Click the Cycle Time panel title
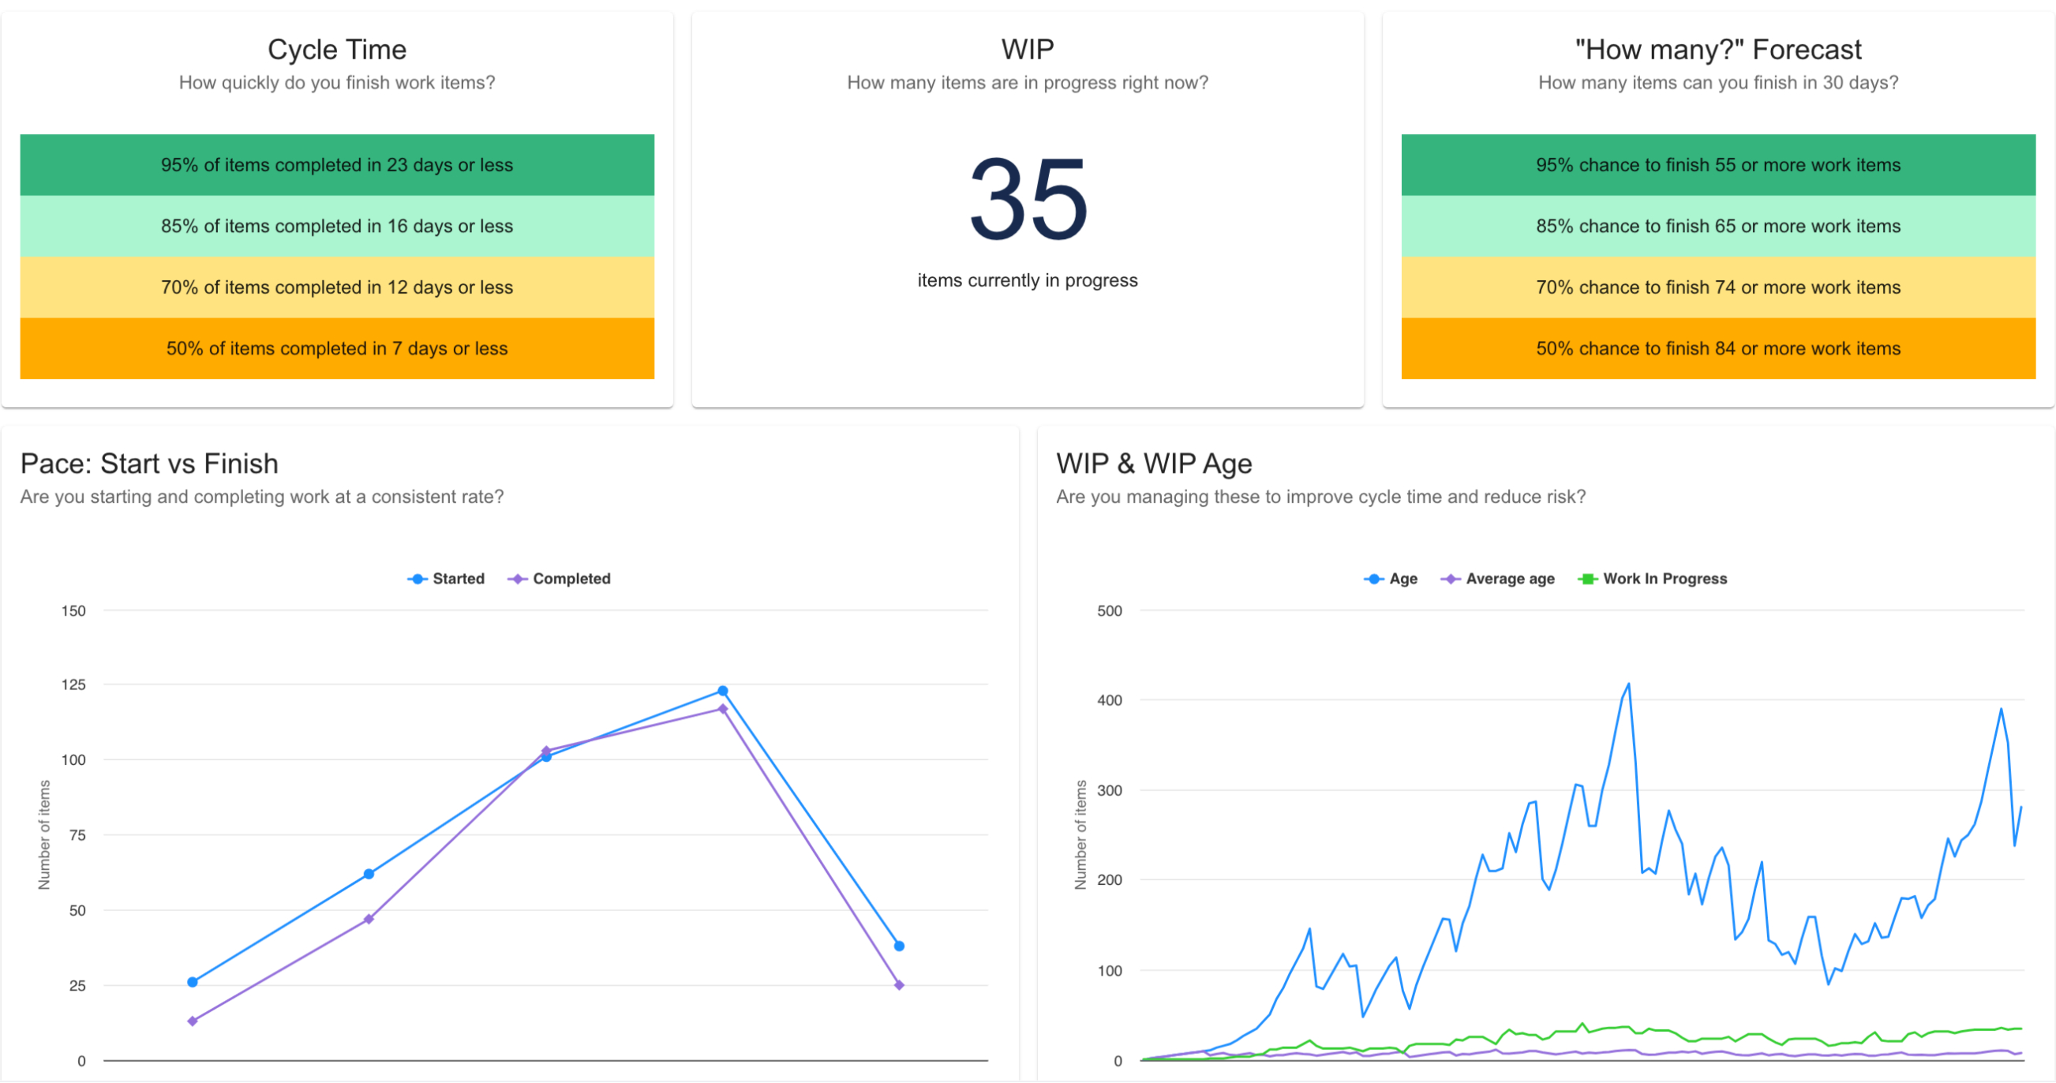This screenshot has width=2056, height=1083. tap(337, 50)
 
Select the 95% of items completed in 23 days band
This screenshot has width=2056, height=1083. tap(337, 165)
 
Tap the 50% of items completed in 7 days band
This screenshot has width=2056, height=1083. tap(337, 349)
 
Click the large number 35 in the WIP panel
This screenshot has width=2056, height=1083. tap(1028, 200)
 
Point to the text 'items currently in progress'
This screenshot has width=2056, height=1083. tap(1027, 280)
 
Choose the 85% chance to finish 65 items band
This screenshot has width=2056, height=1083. tap(1717, 227)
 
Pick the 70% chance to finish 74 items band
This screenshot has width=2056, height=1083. tap(1717, 287)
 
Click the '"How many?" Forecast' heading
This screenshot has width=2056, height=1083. tap(1717, 50)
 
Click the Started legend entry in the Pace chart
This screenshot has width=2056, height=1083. tap(447, 579)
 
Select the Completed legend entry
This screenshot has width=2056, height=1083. tap(560, 579)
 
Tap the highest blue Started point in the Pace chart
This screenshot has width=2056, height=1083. tap(722, 691)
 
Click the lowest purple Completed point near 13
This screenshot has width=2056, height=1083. tap(193, 1021)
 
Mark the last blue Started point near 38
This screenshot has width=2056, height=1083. tap(900, 946)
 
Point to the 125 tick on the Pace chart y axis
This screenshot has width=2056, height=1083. tap(73, 684)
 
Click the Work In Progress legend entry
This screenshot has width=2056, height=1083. tap(1653, 579)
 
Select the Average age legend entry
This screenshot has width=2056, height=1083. tap(1499, 579)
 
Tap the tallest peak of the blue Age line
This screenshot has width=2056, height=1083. tap(1628, 684)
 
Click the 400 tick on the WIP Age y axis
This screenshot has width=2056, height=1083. tap(1110, 700)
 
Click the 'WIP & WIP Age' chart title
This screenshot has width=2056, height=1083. tap(1153, 463)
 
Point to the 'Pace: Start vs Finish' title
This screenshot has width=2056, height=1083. tap(149, 463)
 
